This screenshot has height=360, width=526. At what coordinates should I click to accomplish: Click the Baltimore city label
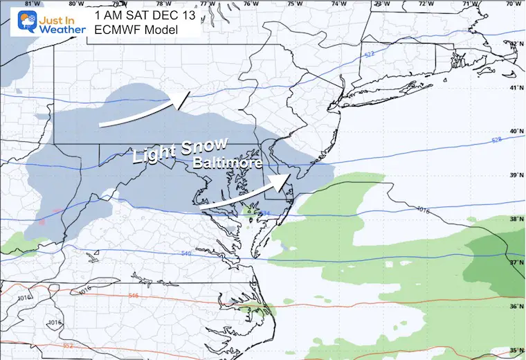[227, 164]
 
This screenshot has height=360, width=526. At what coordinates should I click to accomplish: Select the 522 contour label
[368, 55]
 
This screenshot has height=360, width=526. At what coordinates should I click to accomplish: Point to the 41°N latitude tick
[514, 88]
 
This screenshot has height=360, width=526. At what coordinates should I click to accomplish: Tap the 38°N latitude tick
[514, 219]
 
